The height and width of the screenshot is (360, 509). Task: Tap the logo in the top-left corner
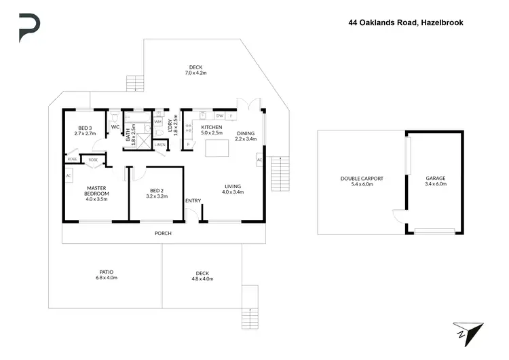click(x=29, y=27)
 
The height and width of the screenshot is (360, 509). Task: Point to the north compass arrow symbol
click(x=468, y=332)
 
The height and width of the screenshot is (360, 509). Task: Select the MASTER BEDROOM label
click(x=98, y=191)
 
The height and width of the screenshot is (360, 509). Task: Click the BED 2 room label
click(x=156, y=190)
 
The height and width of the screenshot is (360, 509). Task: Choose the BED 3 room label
click(x=85, y=128)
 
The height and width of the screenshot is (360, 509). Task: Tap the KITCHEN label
click(x=212, y=127)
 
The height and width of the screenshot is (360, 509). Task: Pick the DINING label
click(x=246, y=133)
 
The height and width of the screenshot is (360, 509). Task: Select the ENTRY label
click(x=193, y=200)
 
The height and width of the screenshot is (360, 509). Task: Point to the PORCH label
click(x=163, y=233)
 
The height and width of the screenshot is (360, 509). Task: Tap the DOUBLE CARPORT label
click(x=362, y=179)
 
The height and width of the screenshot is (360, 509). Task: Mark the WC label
click(x=115, y=127)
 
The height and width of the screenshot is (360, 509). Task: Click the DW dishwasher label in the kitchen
click(x=219, y=116)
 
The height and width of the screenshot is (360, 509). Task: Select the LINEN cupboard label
click(x=160, y=145)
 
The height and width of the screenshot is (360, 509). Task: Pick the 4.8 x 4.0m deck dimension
click(x=202, y=278)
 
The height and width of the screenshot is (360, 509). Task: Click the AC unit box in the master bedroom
click(x=69, y=176)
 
